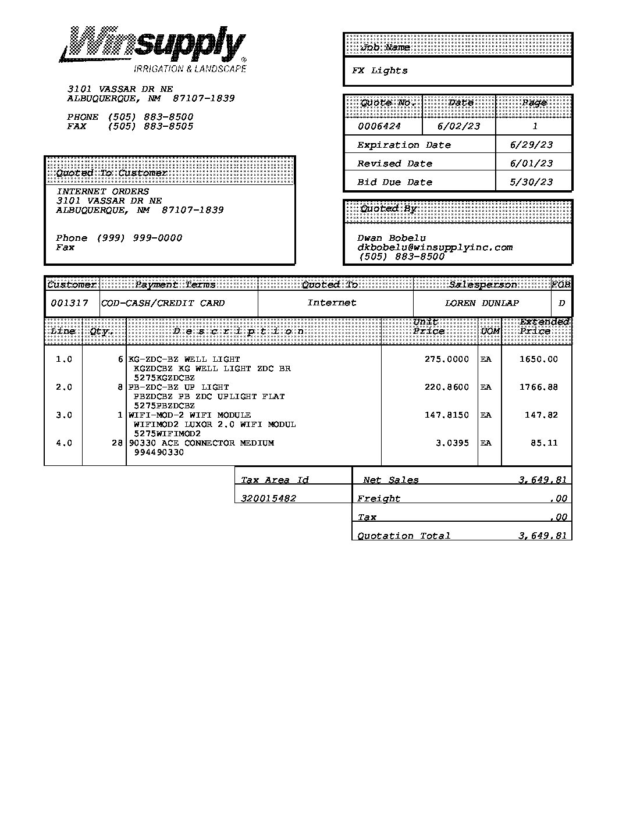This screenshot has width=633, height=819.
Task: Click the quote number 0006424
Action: click(379, 126)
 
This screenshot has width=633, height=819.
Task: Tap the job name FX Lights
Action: click(379, 71)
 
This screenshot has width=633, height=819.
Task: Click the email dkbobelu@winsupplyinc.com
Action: click(435, 247)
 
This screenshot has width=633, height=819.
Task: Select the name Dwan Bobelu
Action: click(392, 238)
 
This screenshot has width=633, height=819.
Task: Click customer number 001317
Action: click(69, 303)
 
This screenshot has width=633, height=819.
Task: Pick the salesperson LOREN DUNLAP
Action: click(482, 303)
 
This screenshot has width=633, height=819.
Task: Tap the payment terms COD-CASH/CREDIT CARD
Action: click(163, 303)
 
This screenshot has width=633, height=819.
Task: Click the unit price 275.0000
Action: click(446, 359)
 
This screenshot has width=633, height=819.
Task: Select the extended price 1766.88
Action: click(538, 387)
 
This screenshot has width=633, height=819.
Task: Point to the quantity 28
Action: click(117, 443)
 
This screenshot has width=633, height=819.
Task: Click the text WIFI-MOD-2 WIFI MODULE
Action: click(190, 415)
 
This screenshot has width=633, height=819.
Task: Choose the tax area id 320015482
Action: click(268, 498)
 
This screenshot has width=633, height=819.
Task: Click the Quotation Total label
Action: click(404, 536)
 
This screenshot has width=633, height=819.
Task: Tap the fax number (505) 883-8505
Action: click(150, 126)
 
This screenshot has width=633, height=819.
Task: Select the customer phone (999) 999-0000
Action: click(139, 238)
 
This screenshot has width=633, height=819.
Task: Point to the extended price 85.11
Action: click(544, 443)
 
